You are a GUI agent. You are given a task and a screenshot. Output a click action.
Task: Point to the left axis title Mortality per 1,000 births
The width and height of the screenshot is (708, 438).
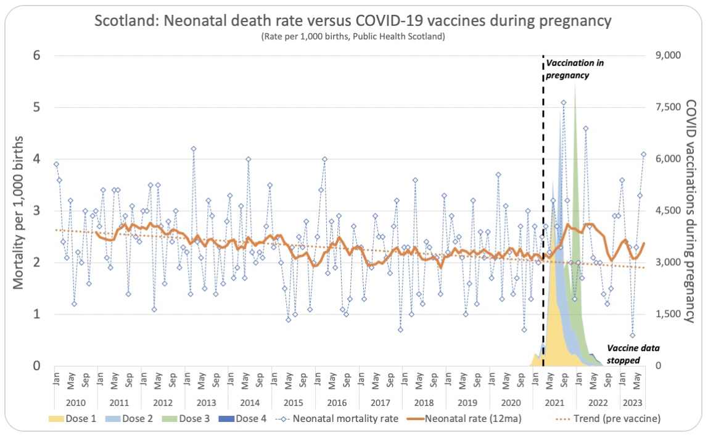click(19, 210)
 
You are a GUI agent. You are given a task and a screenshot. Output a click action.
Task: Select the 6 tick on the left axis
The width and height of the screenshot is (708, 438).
click(36, 56)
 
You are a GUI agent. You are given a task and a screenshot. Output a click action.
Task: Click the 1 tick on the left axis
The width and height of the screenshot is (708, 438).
click(36, 314)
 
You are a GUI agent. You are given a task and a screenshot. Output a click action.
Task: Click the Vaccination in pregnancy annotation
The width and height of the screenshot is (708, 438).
click(568, 69)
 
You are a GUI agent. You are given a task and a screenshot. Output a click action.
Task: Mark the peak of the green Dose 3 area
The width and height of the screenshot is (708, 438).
click(575, 85)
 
